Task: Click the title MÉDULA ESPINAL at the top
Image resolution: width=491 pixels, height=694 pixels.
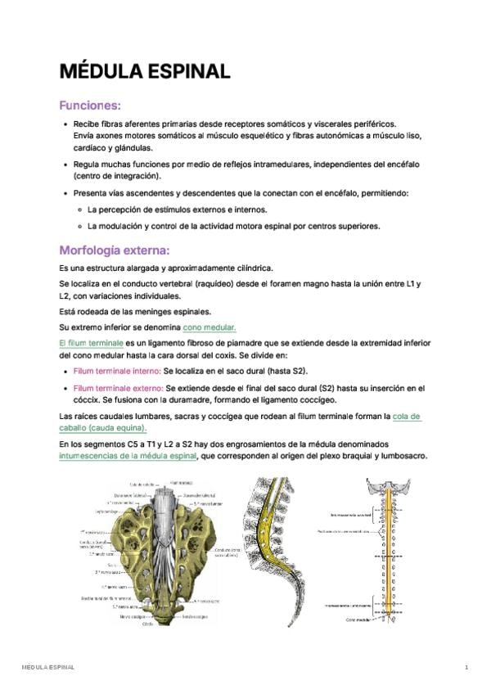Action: [x=144, y=71]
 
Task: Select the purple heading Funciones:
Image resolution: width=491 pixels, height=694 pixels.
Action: [x=90, y=106]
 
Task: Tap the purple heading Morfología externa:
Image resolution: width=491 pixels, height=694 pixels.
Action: [x=114, y=250]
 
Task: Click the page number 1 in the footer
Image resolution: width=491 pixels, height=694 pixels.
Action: [x=466, y=668]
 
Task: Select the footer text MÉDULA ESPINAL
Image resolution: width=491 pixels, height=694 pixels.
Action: [x=48, y=668]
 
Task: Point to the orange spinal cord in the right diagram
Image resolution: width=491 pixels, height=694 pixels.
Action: [x=385, y=557]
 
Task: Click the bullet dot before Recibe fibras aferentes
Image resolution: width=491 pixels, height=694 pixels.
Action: [x=65, y=124]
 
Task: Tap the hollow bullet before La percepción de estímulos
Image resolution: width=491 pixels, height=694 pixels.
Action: [x=79, y=210]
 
